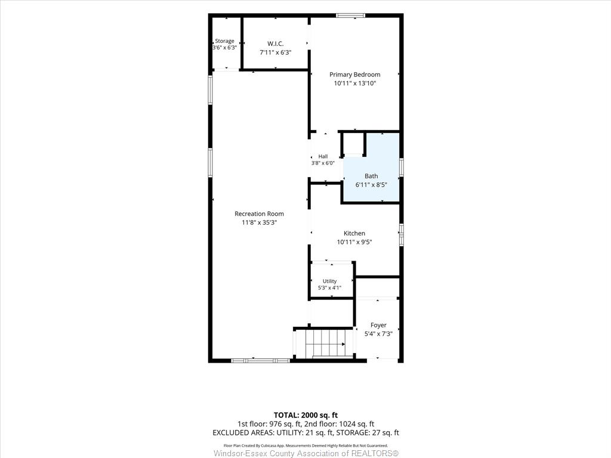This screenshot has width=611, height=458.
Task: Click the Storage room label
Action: pos(224,41)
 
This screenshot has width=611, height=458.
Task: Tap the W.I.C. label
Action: pos(276,44)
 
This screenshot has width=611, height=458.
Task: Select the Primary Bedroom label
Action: pos(354,75)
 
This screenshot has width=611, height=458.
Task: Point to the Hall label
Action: pos(323,156)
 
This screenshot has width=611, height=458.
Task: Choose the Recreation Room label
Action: pos(259,213)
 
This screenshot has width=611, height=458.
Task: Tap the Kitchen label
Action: pos(354,233)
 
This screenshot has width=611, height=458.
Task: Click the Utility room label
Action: pos(329,281)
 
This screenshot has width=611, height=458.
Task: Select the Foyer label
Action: pos(378,325)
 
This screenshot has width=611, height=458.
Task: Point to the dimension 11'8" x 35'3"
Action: pos(259,222)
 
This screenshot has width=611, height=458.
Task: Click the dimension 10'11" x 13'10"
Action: pos(354,83)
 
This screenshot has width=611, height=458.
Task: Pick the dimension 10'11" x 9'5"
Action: pos(354,242)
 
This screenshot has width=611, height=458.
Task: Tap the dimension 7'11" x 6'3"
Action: pos(276,52)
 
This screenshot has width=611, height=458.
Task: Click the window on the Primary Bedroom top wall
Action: pos(351,16)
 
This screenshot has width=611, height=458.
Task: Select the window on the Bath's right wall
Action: pos(402,168)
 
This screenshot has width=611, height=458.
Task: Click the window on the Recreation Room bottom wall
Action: pos(261,361)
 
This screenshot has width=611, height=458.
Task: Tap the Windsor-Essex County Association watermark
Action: pos(306,453)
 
